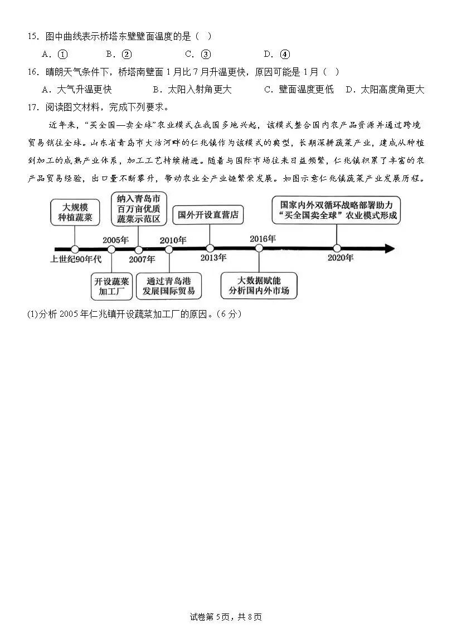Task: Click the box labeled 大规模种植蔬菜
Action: [x=75, y=212]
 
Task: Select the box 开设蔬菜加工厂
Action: [x=111, y=286]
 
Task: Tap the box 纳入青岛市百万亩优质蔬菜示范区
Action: [x=139, y=209]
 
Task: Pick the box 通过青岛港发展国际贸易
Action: [x=169, y=286]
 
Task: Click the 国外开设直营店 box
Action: [x=208, y=214]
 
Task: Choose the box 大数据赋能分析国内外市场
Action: [x=259, y=286]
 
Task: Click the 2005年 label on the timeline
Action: [x=115, y=240]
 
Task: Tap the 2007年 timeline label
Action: [x=142, y=259]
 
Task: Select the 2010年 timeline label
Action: [x=173, y=240]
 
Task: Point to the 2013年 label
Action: [x=213, y=258]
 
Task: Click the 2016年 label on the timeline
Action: [x=263, y=239]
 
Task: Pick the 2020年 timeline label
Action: [x=340, y=258]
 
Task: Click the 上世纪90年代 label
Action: [x=76, y=259]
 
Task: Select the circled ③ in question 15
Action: [x=206, y=54]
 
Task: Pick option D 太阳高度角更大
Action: [x=385, y=89]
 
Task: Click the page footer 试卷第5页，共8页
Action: [x=226, y=617]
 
